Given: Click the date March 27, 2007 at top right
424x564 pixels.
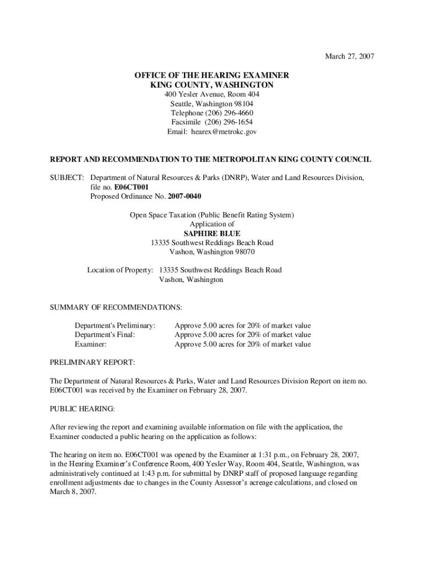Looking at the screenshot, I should pos(350,57).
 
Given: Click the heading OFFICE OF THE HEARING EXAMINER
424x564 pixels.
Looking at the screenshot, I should pos(212,75).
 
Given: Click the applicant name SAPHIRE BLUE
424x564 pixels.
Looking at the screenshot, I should pos(212,234).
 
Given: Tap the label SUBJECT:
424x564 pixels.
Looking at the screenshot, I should pos(67,178).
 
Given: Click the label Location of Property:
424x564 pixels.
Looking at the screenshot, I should pos(120,270).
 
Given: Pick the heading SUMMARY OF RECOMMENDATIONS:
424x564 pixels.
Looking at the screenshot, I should pos(116,306).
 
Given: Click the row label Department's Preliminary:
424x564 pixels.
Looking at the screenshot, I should pos(115,325).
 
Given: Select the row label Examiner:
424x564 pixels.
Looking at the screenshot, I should pos(91,345).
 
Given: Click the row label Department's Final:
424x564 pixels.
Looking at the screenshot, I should pos(105,335).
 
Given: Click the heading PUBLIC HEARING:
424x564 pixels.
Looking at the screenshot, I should pos(83,409).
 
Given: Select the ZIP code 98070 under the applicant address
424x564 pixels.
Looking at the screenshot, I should pos(243,252).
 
